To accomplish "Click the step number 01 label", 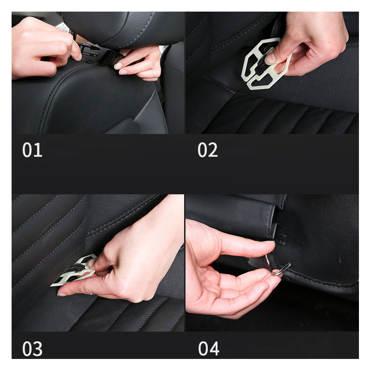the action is [x=32, y=150].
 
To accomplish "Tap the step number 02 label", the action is [x=207, y=150].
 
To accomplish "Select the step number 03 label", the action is [x=32, y=349].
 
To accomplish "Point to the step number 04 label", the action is [x=209, y=349].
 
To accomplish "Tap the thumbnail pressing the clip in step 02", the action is [x=270, y=58].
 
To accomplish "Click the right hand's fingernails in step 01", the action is [x=120, y=68].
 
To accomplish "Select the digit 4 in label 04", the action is [x=214, y=349].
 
